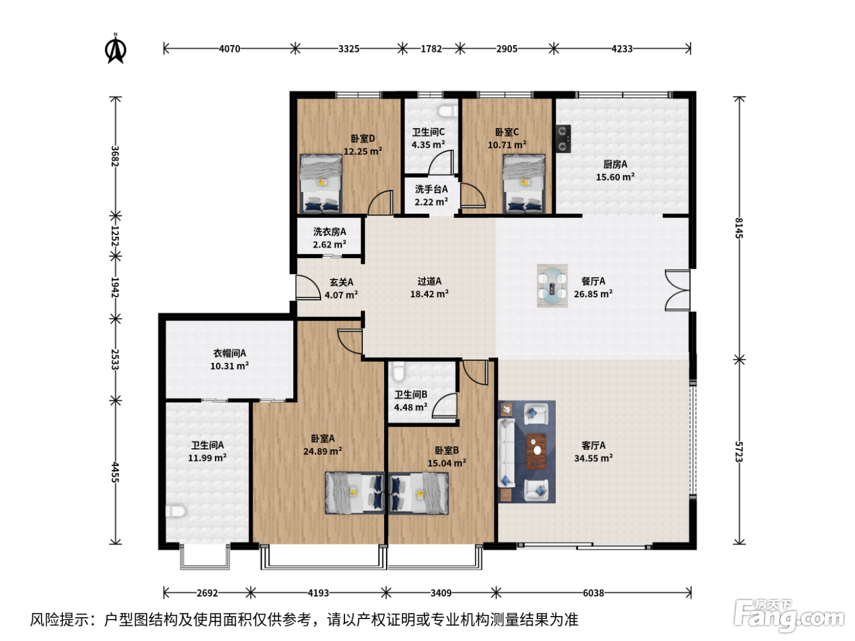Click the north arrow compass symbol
(x=115, y=49)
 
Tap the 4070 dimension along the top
(x=230, y=49)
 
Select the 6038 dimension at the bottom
(x=593, y=593)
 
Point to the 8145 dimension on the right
(x=739, y=228)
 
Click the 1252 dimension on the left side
(x=115, y=236)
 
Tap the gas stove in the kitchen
(x=563, y=139)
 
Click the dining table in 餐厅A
(x=552, y=286)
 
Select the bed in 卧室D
(x=321, y=183)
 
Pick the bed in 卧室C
(x=524, y=183)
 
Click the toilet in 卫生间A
(x=176, y=511)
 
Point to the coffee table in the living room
(x=536, y=452)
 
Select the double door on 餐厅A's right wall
(x=677, y=291)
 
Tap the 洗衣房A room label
(x=330, y=232)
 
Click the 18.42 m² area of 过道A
(x=429, y=294)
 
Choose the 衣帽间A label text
(x=230, y=353)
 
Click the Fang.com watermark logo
(x=788, y=615)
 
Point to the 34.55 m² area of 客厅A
(x=593, y=458)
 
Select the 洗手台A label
(x=431, y=189)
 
